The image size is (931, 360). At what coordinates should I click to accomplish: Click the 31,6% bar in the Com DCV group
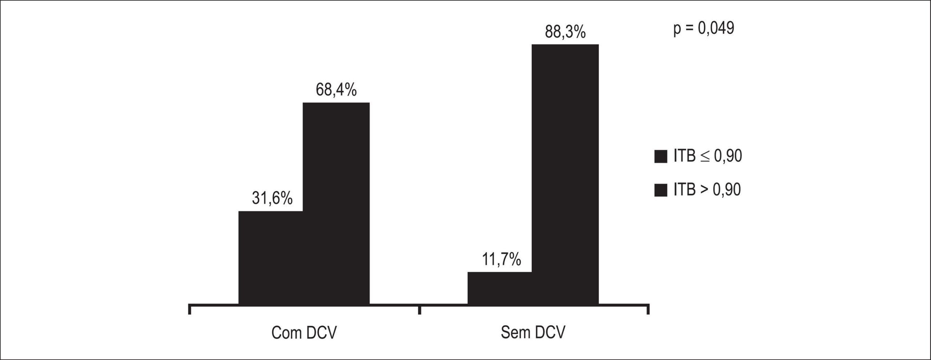click(x=271, y=257)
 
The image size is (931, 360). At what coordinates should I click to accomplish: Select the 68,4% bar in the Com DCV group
click(x=336, y=203)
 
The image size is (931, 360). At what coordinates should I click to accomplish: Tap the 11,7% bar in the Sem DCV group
click(x=500, y=288)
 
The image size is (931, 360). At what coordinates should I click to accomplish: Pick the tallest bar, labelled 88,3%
click(x=565, y=174)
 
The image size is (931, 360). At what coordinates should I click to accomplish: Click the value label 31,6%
click(x=272, y=199)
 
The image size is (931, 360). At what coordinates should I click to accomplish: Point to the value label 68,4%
click(x=336, y=90)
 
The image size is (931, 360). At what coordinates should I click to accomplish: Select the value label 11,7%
click(x=502, y=260)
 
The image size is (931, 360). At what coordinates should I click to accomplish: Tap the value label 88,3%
click(x=565, y=32)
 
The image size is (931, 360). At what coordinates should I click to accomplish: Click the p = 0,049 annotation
click(x=704, y=28)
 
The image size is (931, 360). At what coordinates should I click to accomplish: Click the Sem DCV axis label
click(x=533, y=333)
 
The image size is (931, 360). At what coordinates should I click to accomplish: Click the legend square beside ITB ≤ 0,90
click(x=660, y=157)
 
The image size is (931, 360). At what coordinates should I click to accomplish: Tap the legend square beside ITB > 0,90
click(x=660, y=190)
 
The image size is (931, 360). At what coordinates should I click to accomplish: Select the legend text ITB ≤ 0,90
click(x=708, y=156)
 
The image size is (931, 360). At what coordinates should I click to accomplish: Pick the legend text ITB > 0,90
click(x=707, y=189)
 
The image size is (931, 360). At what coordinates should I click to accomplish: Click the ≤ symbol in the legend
click(x=705, y=157)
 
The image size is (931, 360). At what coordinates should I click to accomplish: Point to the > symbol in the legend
click(x=705, y=190)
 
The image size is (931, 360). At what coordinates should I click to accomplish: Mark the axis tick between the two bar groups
click(x=419, y=309)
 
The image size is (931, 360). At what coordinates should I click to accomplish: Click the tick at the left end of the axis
click(x=189, y=309)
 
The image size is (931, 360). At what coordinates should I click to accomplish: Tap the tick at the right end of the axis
click(x=648, y=309)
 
